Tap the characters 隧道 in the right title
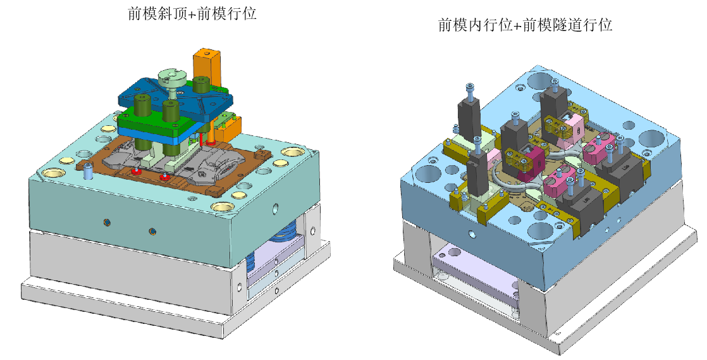(x=567, y=25)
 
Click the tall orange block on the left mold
(x=207, y=67)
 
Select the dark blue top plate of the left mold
(x=176, y=97)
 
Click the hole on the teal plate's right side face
(x=276, y=208)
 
